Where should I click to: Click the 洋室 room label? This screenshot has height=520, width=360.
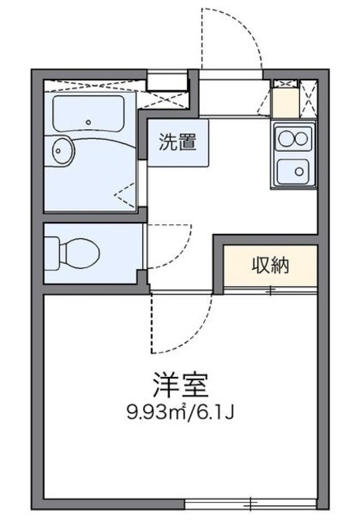(x=180, y=381)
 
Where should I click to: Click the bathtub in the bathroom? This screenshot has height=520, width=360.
(x=88, y=114)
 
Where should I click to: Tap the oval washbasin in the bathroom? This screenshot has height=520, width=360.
(x=62, y=150)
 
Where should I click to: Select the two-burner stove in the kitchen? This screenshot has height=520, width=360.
(x=293, y=137)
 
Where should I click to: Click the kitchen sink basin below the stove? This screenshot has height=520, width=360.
(x=293, y=171)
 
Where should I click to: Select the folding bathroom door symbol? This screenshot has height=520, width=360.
(x=126, y=193)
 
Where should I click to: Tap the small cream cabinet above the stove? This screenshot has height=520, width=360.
(x=285, y=102)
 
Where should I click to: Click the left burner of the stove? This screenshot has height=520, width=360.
(x=285, y=137)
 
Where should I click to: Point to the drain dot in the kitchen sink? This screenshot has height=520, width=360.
(x=298, y=171)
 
